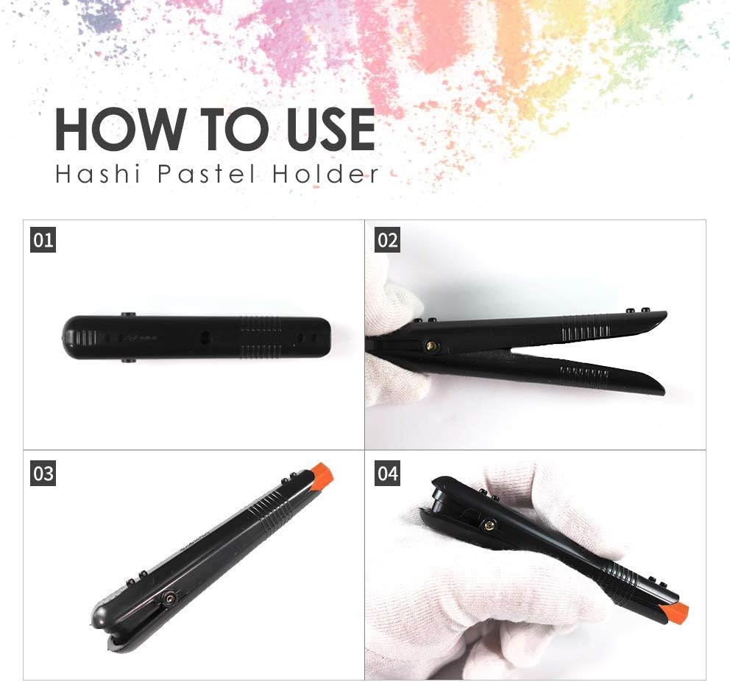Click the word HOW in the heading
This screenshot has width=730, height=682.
[120, 129]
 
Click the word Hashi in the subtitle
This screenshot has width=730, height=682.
[98, 174]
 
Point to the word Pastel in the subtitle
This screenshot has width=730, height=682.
[207, 174]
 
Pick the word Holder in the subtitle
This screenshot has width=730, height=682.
[325, 174]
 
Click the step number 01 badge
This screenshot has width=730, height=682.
[43, 240]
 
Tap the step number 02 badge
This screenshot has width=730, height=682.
[387, 240]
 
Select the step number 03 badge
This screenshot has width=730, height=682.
[43, 474]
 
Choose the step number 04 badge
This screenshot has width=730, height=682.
[387, 474]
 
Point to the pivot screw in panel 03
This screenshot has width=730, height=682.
[169, 598]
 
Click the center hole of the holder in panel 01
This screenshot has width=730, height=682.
[205, 338]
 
